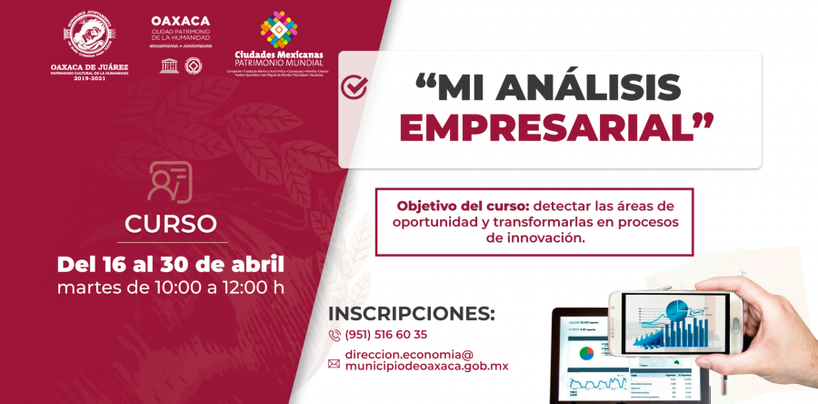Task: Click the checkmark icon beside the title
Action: (x=354, y=87)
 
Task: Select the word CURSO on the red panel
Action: (x=171, y=223)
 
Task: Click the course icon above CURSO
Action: (x=170, y=181)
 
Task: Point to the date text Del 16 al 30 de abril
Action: (x=171, y=265)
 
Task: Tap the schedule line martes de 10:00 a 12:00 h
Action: (x=171, y=288)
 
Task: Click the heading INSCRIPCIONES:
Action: (x=411, y=313)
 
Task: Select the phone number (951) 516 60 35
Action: (x=386, y=335)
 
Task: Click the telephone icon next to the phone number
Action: (x=334, y=335)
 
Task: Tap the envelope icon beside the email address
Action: (x=334, y=364)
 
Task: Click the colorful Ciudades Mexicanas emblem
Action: (x=278, y=29)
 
